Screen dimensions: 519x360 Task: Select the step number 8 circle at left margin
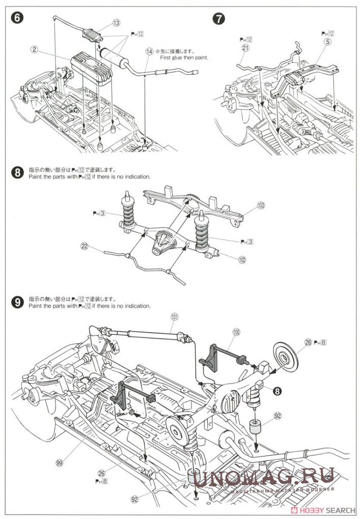tap(18, 173)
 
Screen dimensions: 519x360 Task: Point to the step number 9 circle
tap(18, 302)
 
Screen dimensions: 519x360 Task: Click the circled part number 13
tap(116, 23)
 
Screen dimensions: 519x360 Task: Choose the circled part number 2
tap(35, 50)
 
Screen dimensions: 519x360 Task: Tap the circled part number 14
tap(149, 51)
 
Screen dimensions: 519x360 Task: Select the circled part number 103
tap(261, 206)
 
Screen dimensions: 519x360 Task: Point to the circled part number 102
tap(242, 259)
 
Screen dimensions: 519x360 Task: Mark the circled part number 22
tap(84, 247)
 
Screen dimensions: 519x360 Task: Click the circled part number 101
tap(174, 316)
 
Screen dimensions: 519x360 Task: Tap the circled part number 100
tap(236, 331)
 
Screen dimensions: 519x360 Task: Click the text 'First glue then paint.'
tap(184, 57)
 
